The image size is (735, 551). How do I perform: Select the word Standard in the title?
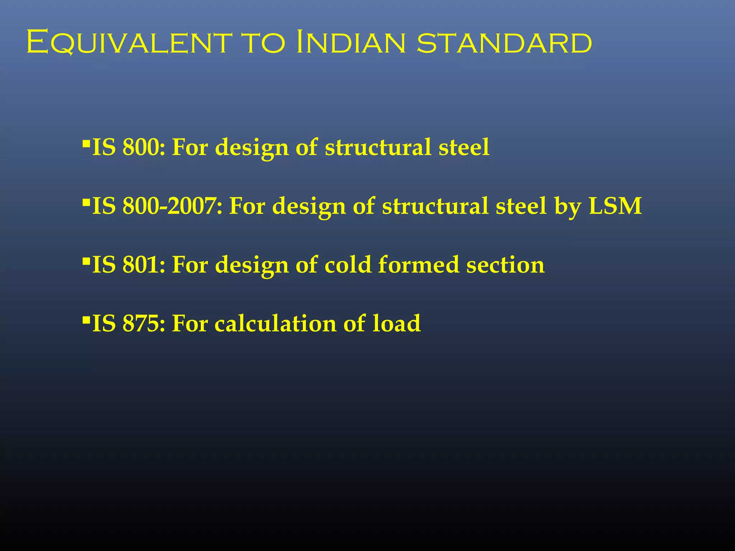[504, 43]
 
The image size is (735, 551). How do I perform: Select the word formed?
[418, 265]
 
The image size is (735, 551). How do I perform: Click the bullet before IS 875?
[86, 318]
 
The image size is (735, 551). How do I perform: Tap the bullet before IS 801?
[86, 260]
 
